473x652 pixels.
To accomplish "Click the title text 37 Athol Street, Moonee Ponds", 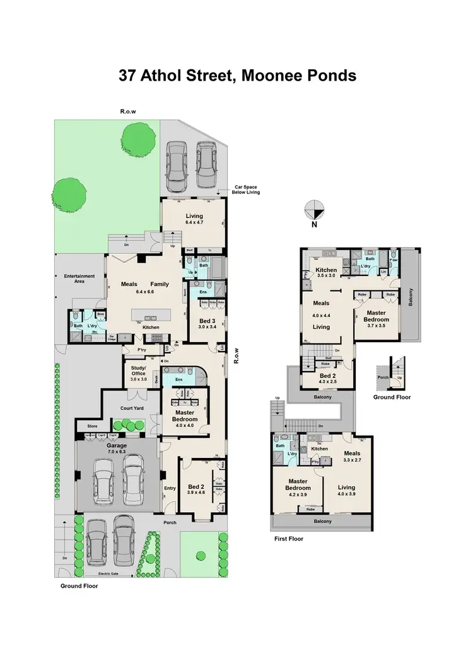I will [x=237, y=76].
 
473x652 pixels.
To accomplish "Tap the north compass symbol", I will [x=314, y=210].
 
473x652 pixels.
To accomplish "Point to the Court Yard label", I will [x=132, y=408].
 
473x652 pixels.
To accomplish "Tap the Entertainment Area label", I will [x=79, y=278].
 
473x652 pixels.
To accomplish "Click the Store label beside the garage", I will [x=92, y=426].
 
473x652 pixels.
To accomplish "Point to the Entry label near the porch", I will [x=170, y=488].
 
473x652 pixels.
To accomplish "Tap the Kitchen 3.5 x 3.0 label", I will [x=327, y=273].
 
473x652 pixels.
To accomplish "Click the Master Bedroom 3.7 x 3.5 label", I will [x=377, y=316].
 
